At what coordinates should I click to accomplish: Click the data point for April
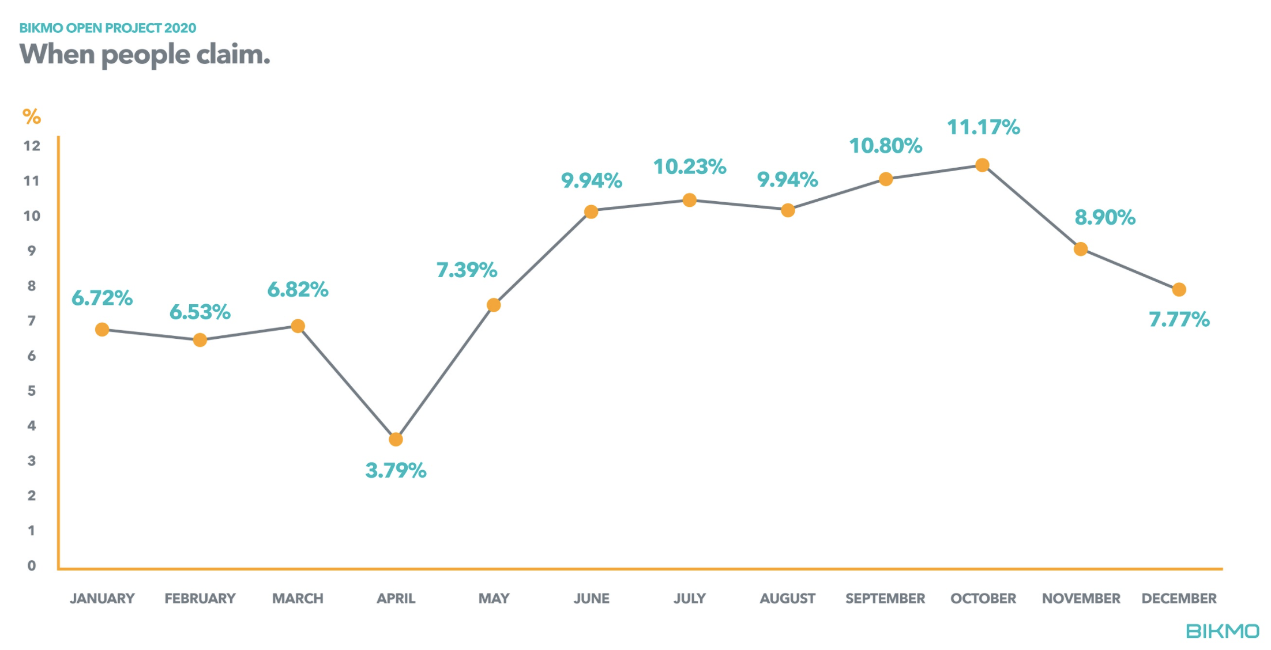pos(396,440)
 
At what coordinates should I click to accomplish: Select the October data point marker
pos(982,165)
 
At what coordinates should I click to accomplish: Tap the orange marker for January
pos(102,330)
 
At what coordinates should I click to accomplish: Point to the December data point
pos(1179,289)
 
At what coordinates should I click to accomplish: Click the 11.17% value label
pos(983,127)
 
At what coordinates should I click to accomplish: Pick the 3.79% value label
pos(396,471)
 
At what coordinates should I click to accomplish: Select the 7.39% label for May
pos(467,270)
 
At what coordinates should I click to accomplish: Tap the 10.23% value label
pos(689,167)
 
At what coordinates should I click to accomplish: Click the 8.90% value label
pos(1104,217)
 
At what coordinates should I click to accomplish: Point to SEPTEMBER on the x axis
pos(885,599)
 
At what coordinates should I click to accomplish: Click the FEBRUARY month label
pos(200,599)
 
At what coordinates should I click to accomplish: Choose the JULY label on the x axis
pos(689,599)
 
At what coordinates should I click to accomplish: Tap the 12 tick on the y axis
pos(32,146)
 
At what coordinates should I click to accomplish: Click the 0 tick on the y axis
pos(32,566)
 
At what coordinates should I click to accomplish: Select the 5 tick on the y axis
pos(32,391)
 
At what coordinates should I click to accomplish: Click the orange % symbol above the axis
pos(32,117)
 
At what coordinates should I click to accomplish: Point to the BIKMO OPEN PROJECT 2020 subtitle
pos(108,28)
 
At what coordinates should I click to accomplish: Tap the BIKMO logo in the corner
pos(1222,631)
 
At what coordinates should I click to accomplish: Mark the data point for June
pos(591,212)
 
